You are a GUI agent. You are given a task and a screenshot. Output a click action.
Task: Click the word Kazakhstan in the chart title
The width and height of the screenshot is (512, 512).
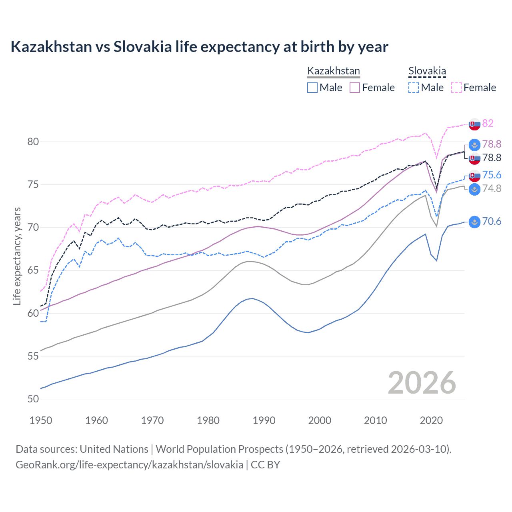coord(51,47)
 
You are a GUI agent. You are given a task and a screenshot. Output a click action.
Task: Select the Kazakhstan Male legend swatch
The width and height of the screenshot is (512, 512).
coord(312,88)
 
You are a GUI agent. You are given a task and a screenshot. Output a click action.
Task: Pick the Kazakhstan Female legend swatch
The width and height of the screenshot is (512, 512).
coord(355,88)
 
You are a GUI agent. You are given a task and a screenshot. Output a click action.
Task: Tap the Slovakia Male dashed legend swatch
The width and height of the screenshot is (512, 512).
coord(414,88)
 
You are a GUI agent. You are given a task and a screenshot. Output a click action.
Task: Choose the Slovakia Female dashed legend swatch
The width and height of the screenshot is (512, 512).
coord(456,88)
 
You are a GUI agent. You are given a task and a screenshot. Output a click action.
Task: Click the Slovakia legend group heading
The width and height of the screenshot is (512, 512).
coord(427,71)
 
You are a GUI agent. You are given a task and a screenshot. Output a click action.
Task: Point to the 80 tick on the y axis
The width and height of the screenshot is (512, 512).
coord(34,142)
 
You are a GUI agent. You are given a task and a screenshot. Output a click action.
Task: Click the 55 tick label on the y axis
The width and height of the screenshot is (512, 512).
coord(34,356)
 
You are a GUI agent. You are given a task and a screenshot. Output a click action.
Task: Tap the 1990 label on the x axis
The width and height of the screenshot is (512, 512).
coord(264,420)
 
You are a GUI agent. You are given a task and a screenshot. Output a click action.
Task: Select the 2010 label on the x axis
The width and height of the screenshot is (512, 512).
coord(375,420)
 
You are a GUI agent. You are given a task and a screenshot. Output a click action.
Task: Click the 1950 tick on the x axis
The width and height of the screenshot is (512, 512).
coord(41,420)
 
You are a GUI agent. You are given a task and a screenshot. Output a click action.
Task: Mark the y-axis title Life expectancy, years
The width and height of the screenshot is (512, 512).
coord(17,256)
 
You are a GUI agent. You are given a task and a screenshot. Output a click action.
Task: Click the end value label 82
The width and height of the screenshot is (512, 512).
coord(488,123)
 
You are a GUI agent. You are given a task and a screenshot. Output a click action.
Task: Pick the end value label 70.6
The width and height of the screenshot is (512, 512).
coord(492,222)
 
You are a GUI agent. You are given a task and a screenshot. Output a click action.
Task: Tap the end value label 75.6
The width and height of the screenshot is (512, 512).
coord(492,175)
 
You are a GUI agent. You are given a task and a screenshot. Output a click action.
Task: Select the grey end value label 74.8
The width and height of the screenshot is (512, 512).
coord(492,188)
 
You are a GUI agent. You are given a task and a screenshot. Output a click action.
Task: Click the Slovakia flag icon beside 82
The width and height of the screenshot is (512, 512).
coord(474,124)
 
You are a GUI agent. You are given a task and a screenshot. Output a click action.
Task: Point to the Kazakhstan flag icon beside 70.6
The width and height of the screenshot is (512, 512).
coord(474,222)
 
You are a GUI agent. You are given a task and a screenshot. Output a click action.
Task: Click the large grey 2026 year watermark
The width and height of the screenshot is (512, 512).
coord(422,383)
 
